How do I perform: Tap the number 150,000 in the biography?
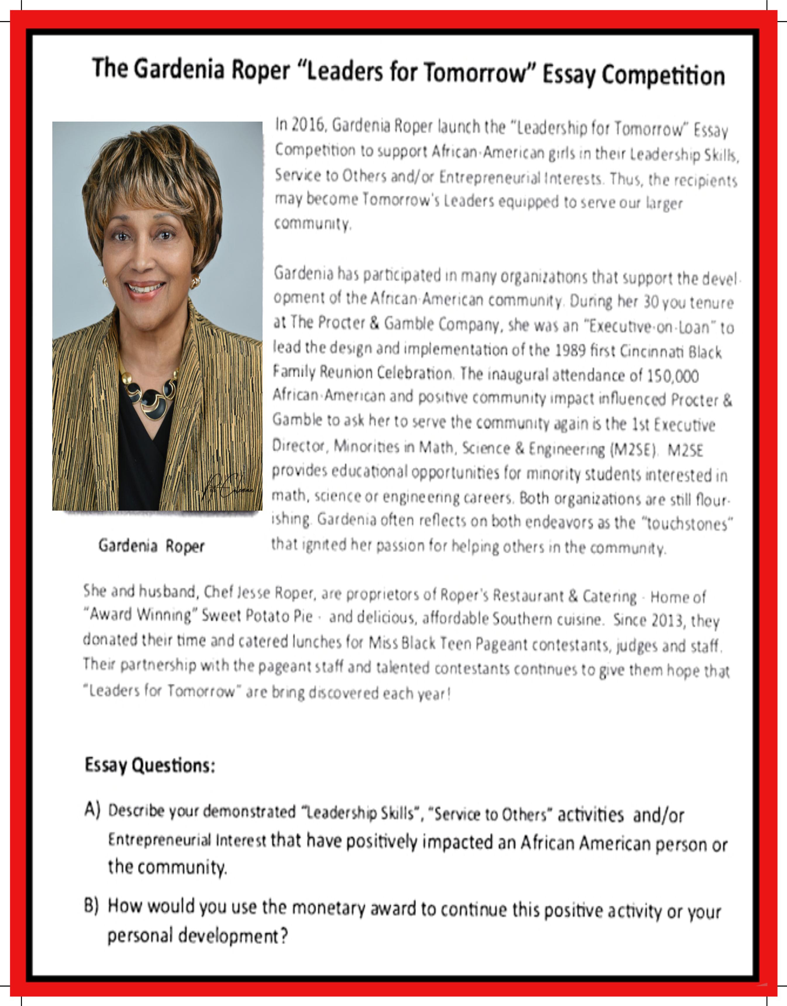[672, 375]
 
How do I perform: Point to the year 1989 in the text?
[569, 350]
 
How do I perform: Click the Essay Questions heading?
[150, 765]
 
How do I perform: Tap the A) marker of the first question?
[92, 809]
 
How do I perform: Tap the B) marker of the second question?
[91, 905]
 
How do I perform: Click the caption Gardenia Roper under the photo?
[151, 546]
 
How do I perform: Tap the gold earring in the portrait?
[195, 281]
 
